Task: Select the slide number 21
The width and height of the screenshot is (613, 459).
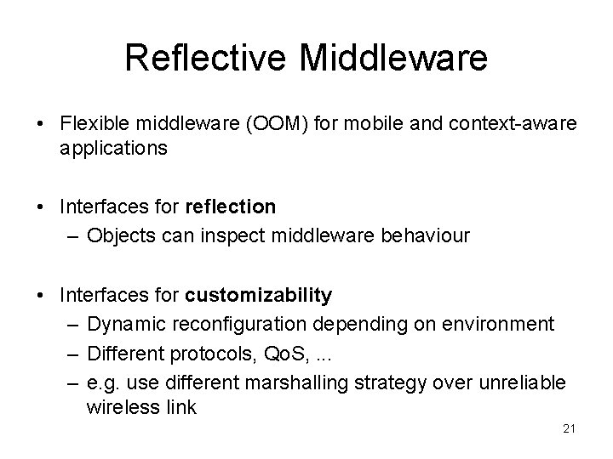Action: point(570,429)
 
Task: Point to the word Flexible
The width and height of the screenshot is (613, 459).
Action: point(94,124)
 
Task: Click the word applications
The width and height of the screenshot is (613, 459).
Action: point(114,147)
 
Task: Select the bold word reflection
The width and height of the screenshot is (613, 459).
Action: point(228,206)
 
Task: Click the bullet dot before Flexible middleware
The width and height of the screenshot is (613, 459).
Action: point(41,125)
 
